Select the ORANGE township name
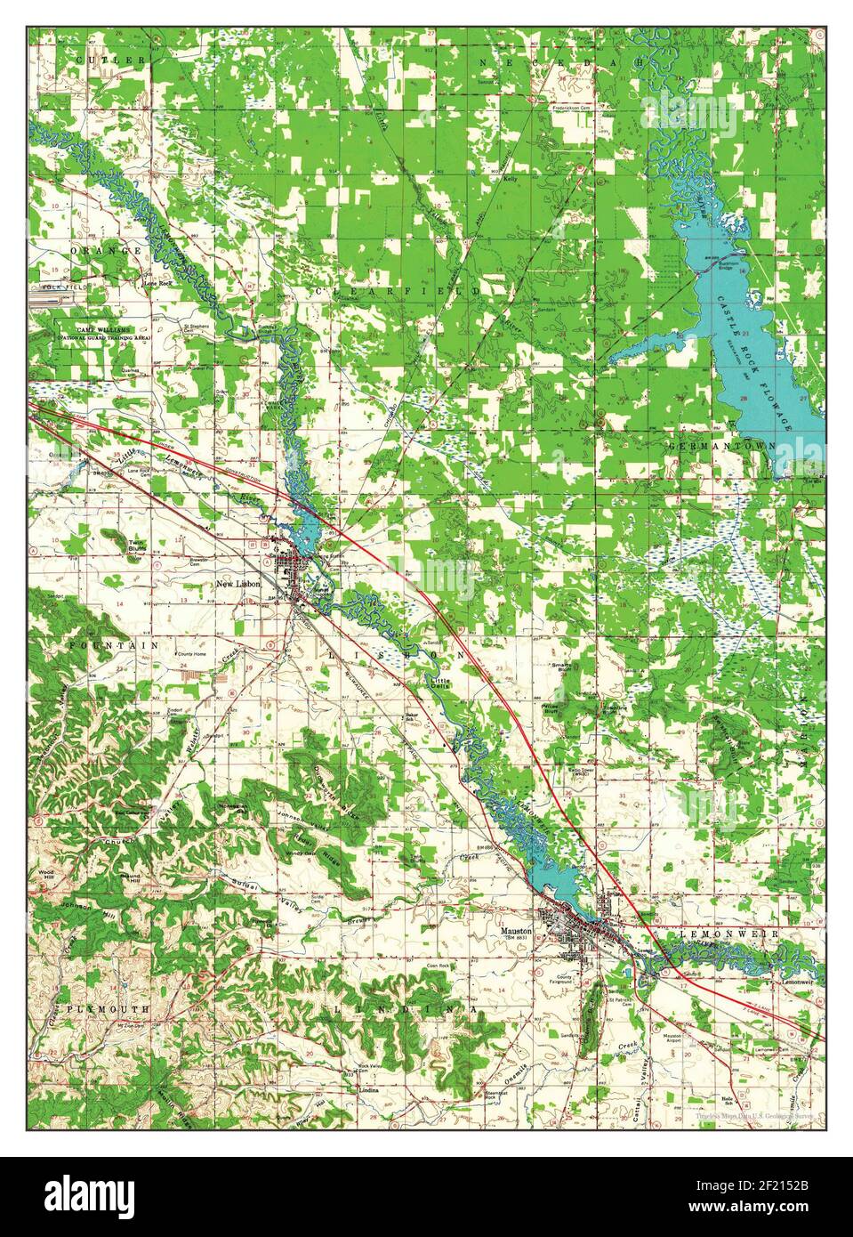coord(113,252)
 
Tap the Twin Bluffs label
coord(137,545)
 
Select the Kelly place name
coord(511,179)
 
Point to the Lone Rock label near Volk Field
coord(157,284)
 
